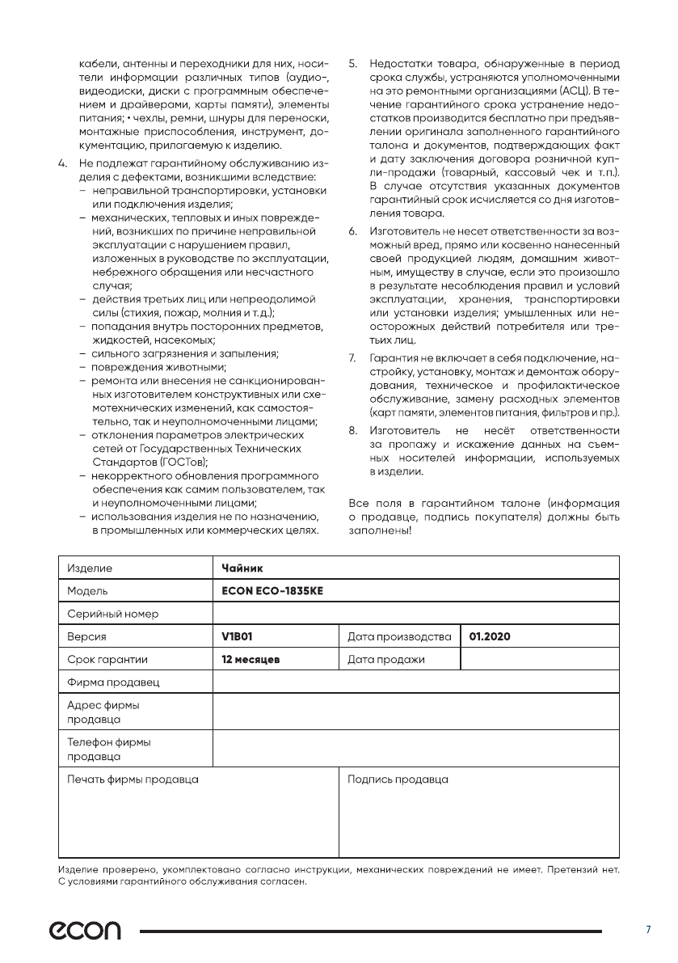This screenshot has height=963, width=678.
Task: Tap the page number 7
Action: pyautogui.click(x=647, y=931)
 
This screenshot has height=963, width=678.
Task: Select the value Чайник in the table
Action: pyautogui.click(x=237, y=568)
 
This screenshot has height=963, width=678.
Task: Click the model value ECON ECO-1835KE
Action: pyautogui.click(x=272, y=591)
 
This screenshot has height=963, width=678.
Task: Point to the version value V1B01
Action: pyautogui.click(x=237, y=636)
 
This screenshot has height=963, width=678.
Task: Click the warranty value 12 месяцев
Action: pyautogui.click(x=251, y=659)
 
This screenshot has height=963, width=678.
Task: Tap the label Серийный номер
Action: pyautogui.click(x=113, y=614)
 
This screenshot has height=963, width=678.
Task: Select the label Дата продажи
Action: pyautogui.click(x=385, y=659)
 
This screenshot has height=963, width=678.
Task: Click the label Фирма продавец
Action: pyautogui.click(x=113, y=682)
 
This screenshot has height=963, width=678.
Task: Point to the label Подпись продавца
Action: pyautogui.click(x=398, y=779)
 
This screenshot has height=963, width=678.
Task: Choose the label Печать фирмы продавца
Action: pyautogui.click(x=133, y=779)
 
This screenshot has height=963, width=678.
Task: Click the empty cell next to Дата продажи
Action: pyautogui.click(x=539, y=659)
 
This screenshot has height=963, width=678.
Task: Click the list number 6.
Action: pyautogui.click(x=352, y=232)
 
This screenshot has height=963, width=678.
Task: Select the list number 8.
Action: pyautogui.click(x=352, y=430)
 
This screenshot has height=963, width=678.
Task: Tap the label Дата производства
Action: pyautogui.click(x=399, y=636)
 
